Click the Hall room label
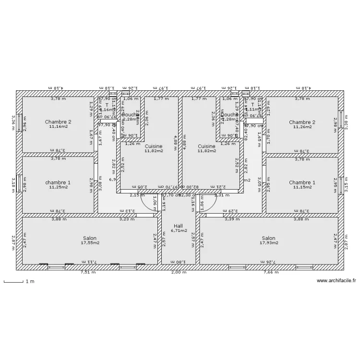(178, 226)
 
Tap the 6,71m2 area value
(179, 230)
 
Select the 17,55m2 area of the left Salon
(90, 243)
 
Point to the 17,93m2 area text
(269, 243)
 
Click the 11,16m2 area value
(58, 127)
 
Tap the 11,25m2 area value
(58, 187)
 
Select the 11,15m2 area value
(302, 187)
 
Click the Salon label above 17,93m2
(269, 238)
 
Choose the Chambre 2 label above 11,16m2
(58, 122)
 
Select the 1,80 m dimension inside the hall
(178, 262)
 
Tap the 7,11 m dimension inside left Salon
(90, 262)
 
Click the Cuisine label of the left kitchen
(154, 146)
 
